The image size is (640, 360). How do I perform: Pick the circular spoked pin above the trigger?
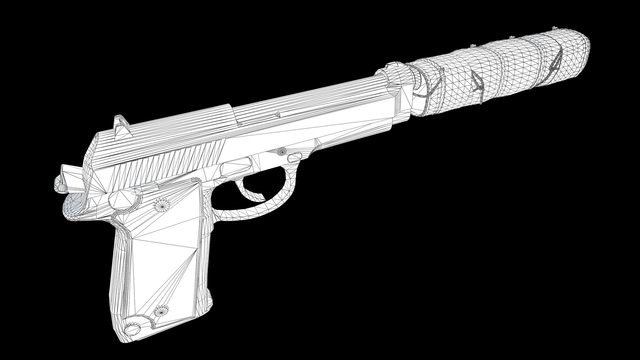click(x=282, y=152)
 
